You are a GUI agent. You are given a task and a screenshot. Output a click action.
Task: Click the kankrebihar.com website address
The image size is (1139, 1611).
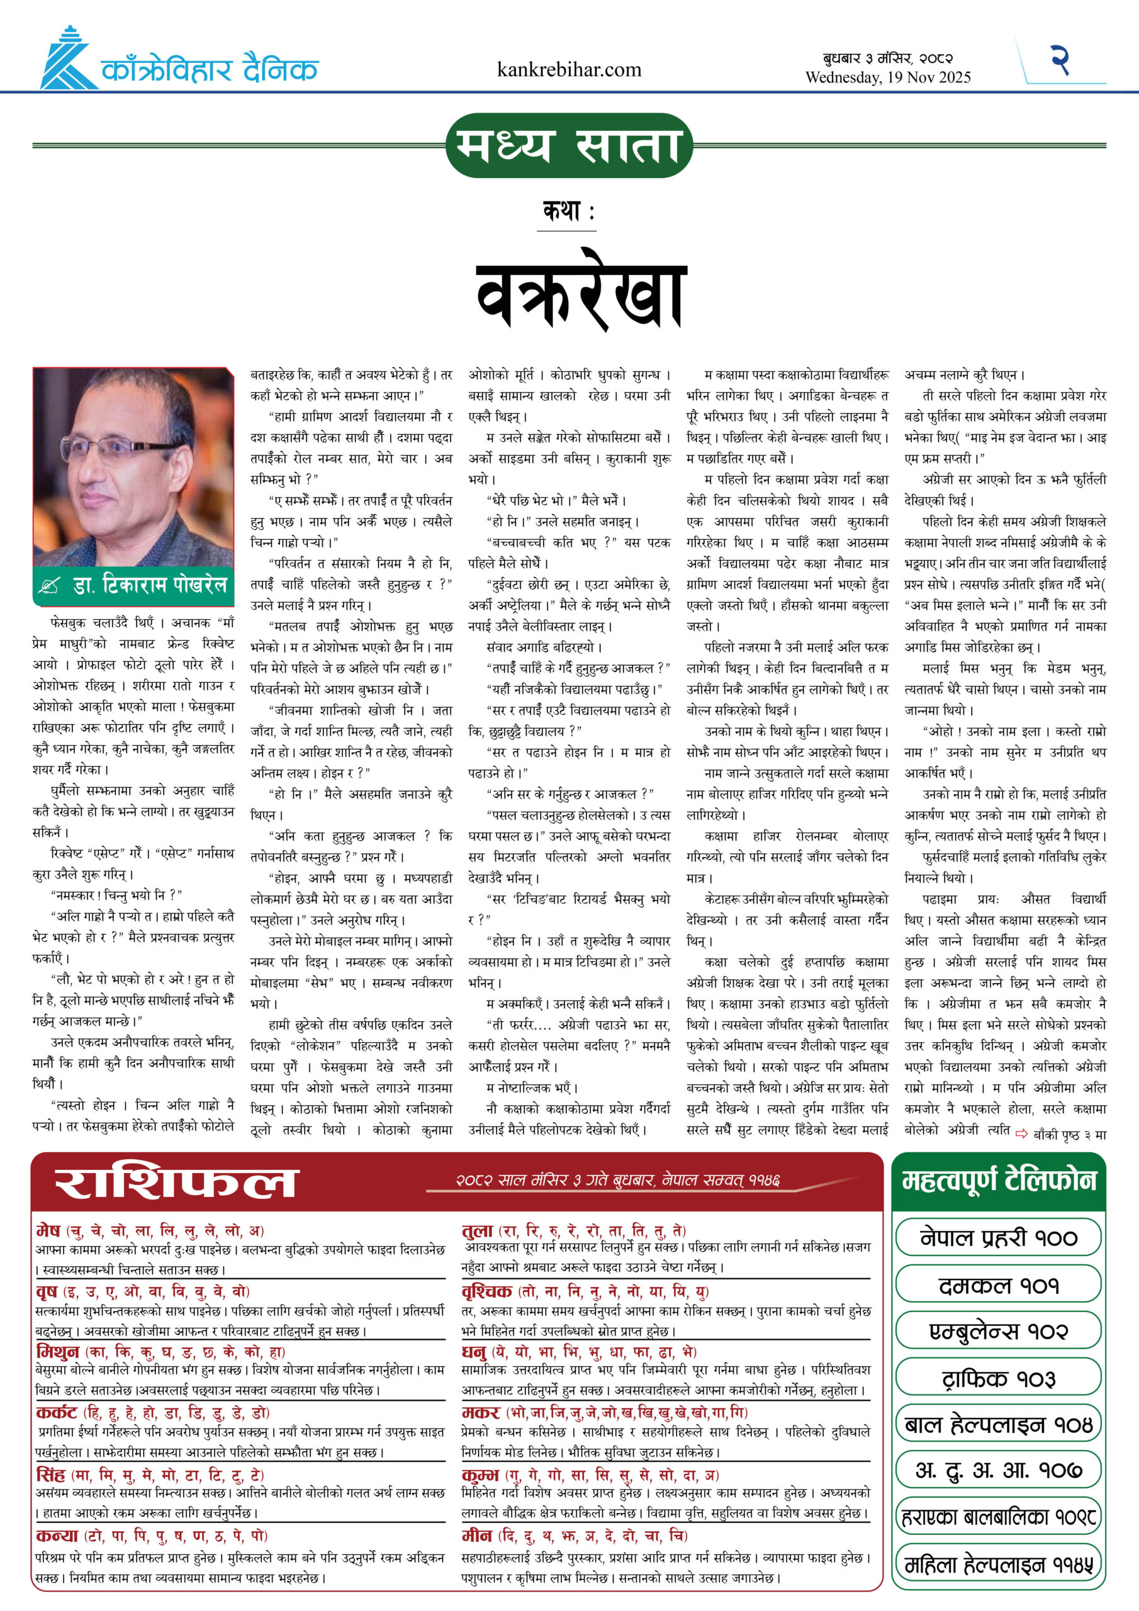click(568, 69)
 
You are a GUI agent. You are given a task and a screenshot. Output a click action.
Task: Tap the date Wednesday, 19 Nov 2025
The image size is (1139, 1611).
click(888, 77)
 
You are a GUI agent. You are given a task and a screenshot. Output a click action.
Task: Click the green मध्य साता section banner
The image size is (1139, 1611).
click(569, 146)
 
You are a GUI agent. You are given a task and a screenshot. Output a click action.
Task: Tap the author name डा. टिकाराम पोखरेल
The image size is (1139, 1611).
click(150, 585)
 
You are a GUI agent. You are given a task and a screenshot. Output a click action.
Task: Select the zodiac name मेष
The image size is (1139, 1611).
click(48, 1231)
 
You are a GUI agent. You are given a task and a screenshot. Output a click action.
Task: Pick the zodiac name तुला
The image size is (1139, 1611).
click(477, 1231)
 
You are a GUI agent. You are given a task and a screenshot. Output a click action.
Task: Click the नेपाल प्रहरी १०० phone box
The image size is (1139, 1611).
click(998, 1238)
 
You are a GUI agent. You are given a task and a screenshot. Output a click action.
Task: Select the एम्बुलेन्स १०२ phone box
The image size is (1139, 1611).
click(998, 1331)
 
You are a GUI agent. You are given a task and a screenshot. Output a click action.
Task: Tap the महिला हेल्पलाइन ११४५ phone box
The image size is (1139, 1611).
click(998, 1564)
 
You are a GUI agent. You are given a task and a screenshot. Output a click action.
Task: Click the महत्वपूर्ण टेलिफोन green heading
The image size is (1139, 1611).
click(998, 1181)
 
